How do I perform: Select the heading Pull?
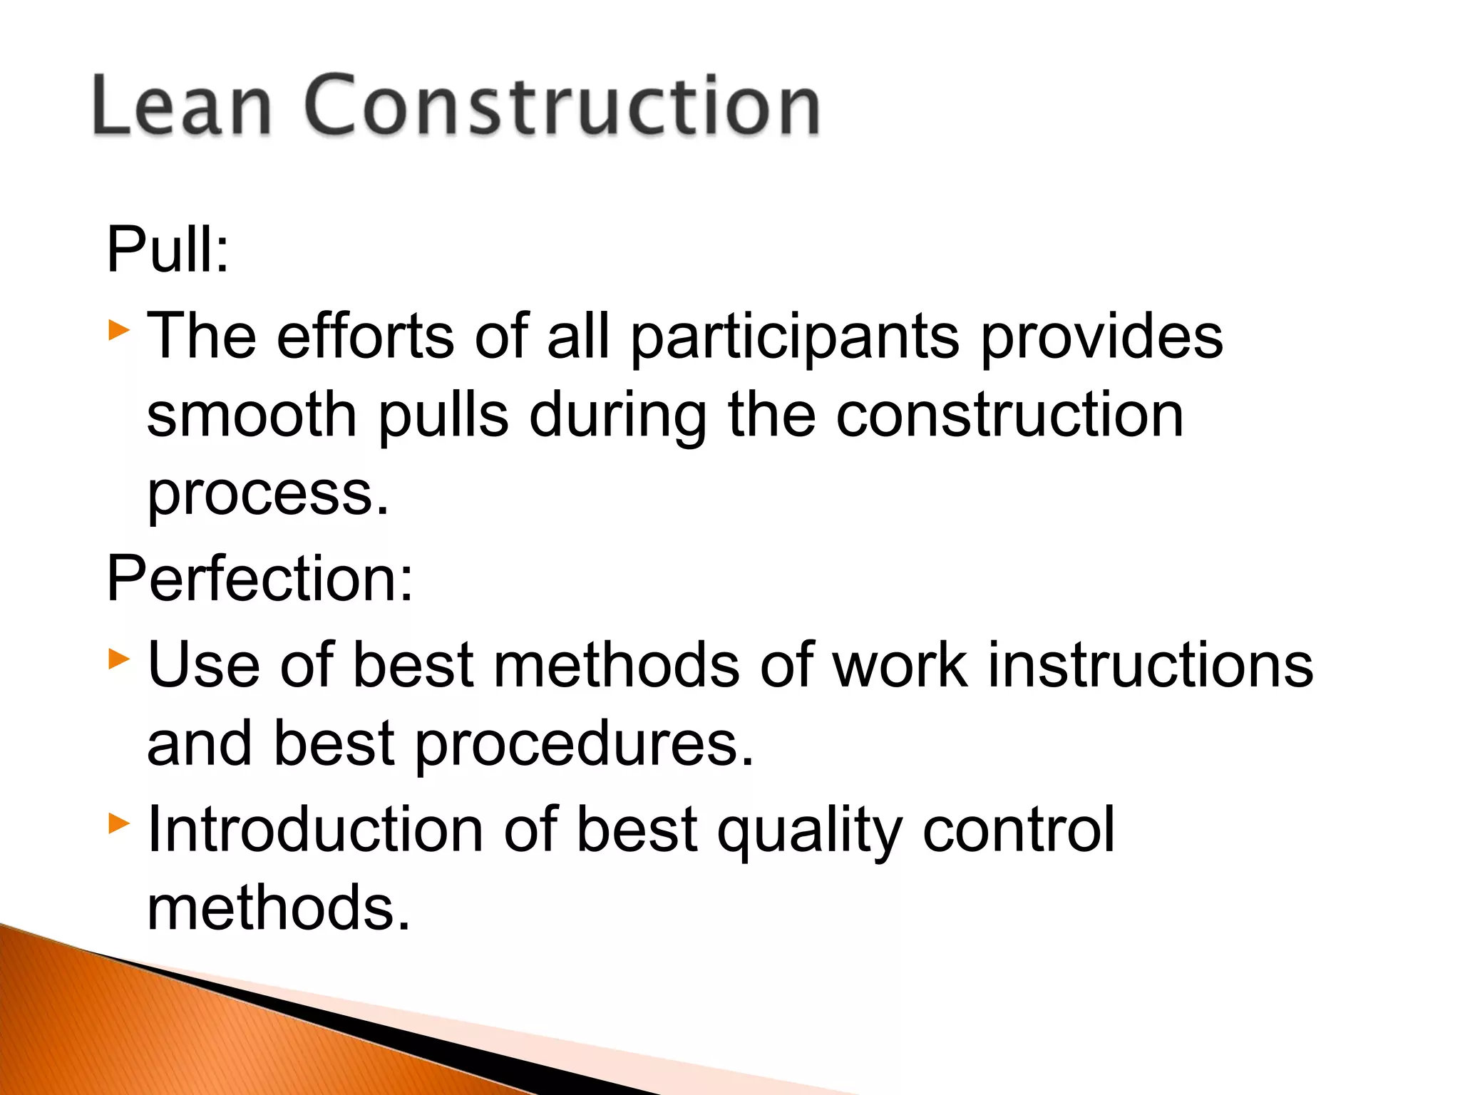tap(168, 249)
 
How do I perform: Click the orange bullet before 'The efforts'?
tap(120, 331)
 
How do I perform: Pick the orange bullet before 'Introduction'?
tap(120, 825)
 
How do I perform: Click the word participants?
tap(795, 339)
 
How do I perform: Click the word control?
tap(1019, 828)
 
